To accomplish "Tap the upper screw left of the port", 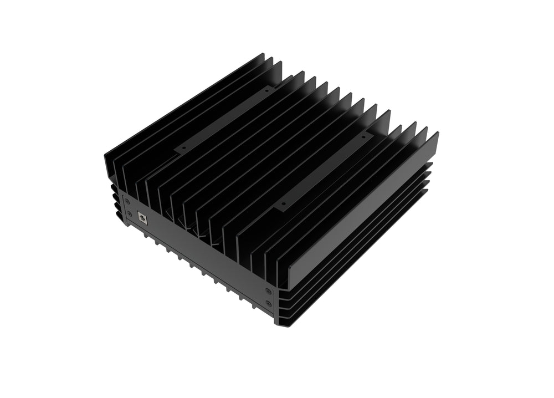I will click(x=127, y=201).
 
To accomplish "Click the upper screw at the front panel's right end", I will click(x=269, y=291).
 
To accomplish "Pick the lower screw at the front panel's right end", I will click(x=269, y=303).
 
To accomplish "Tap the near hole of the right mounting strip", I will click(x=284, y=203).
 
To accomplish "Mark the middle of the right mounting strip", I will click(x=324, y=169).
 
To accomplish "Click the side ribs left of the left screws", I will click(x=114, y=200).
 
